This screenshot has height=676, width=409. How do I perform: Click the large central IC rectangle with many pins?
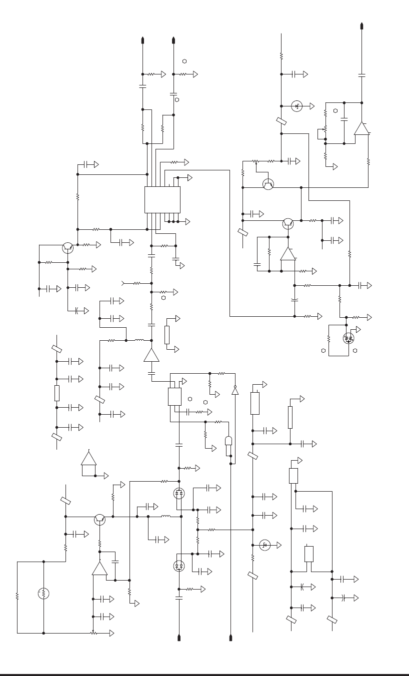coord(162,200)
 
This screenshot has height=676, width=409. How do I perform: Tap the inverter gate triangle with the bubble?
coord(235,390)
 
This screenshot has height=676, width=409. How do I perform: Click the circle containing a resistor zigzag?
coord(43,594)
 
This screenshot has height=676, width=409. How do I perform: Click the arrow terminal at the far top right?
coord(361,26)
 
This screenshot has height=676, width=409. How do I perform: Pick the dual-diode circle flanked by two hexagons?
coord(348,338)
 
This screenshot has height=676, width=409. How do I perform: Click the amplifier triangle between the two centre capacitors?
coord(151,355)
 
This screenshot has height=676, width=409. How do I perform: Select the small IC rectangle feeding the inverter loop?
coord(175,396)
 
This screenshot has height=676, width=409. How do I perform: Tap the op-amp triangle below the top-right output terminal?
coord(361,128)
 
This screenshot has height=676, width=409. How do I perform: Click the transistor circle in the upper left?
coord(68,247)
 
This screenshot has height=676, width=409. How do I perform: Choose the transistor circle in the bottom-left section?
coord(99,520)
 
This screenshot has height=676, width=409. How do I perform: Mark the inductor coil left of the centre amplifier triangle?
coord(139,340)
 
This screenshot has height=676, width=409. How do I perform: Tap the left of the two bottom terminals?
coord(179,638)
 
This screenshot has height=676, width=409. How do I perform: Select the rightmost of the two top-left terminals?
coord(173,40)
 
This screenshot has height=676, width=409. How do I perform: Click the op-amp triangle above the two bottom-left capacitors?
coord(100,569)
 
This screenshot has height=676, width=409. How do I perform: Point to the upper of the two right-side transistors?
coord(268,184)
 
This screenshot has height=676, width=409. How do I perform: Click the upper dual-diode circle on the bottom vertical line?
coord(179,494)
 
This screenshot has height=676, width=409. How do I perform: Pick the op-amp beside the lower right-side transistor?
coord(287,254)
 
